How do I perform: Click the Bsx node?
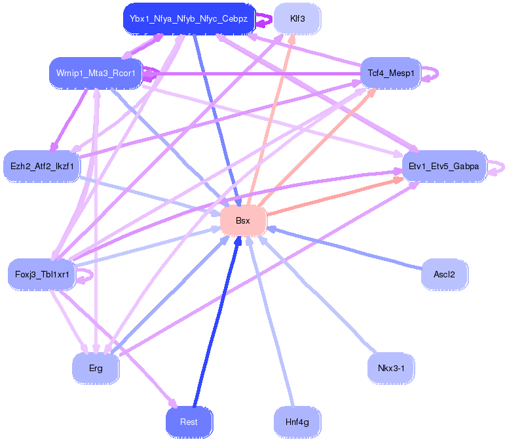(x=243, y=221)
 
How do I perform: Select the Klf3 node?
(x=297, y=19)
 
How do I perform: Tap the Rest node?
(x=189, y=422)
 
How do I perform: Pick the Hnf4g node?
(x=297, y=422)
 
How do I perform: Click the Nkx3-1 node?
(x=391, y=368)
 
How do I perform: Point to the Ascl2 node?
(x=444, y=275)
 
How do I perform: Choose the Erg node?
(x=96, y=368)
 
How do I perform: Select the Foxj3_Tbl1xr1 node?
(x=42, y=275)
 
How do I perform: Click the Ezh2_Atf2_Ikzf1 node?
(x=42, y=167)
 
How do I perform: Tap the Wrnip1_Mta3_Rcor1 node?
(x=96, y=73)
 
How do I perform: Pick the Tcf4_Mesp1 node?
(x=391, y=73)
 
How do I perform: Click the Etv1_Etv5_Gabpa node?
(x=444, y=167)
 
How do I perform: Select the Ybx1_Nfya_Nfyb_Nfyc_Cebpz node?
(x=189, y=19)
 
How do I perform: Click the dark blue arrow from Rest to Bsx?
(x=217, y=321)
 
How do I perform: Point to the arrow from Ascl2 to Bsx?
(x=345, y=248)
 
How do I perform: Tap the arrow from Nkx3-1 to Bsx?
(x=318, y=294)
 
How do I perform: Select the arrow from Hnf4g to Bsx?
(x=271, y=321)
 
